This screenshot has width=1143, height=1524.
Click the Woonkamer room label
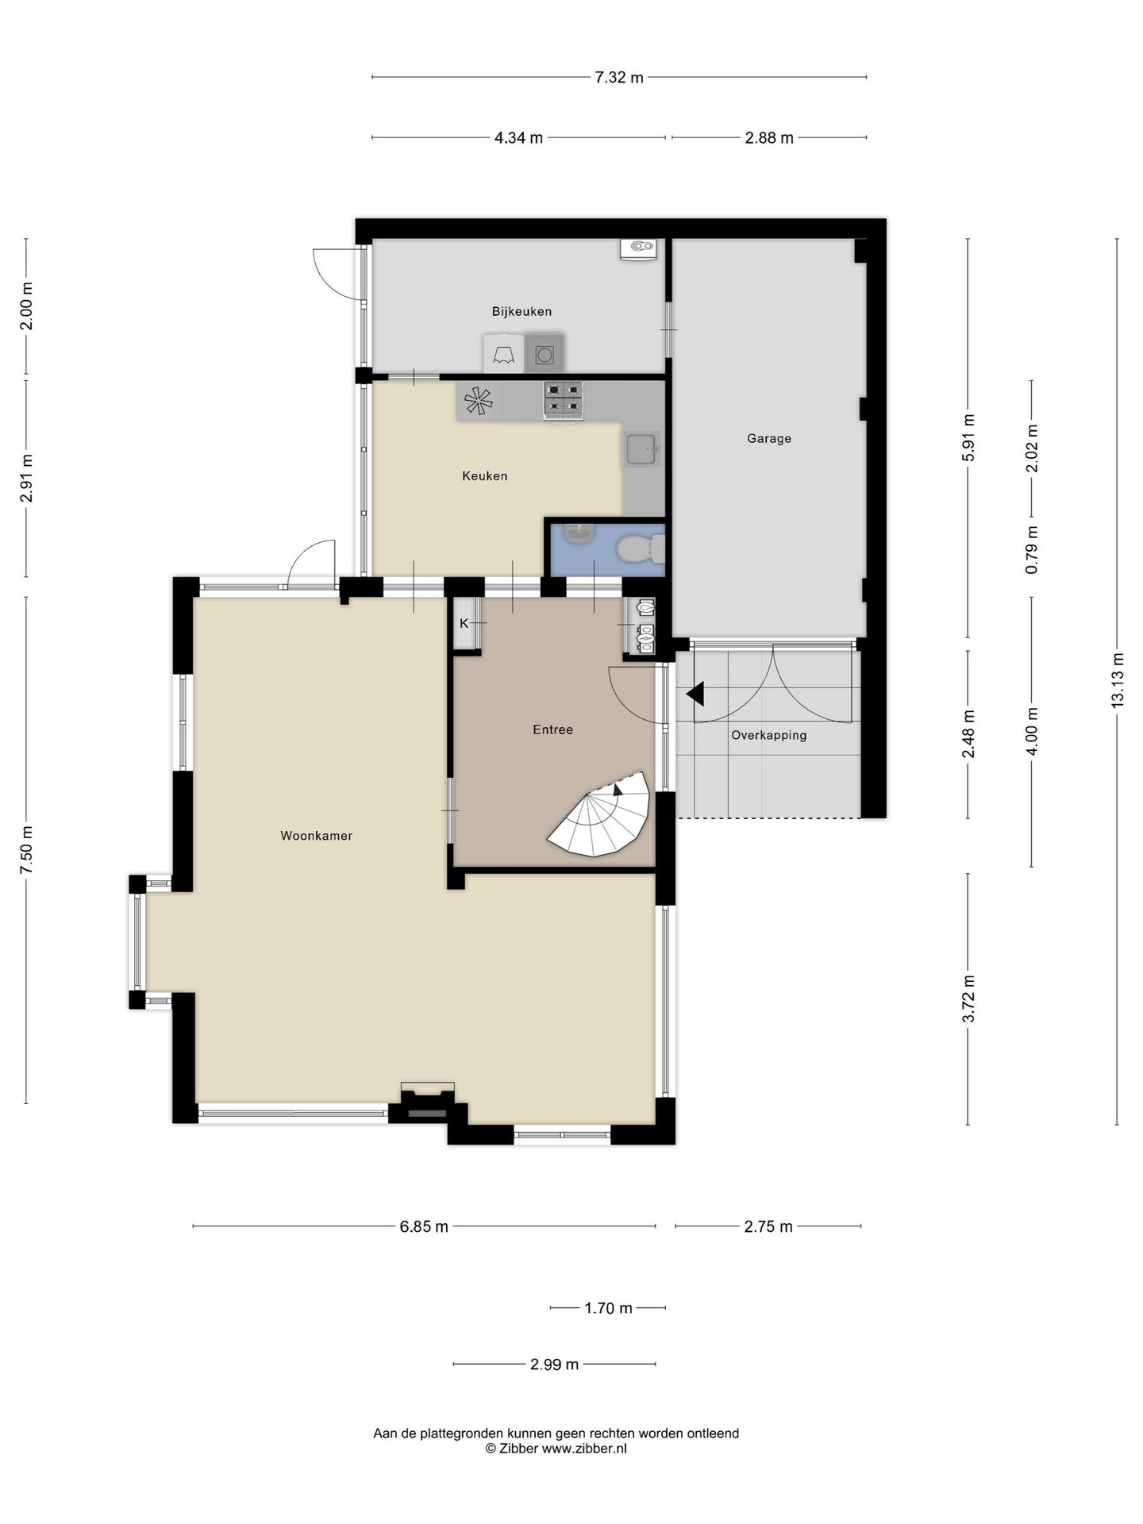(x=316, y=836)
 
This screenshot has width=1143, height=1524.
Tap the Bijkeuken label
(x=521, y=312)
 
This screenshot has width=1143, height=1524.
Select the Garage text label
(x=768, y=438)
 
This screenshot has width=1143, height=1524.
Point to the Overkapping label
(x=768, y=735)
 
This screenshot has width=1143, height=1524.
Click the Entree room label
(x=552, y=729)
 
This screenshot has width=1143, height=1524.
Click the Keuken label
(x=484, y=476)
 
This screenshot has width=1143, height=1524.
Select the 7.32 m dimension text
(x=618, y=78)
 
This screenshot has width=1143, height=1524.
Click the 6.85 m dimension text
(x=424, y=1226)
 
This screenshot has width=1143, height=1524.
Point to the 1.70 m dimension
(x=608, y=1308)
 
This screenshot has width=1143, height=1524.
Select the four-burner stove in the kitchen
(x=563, y=400)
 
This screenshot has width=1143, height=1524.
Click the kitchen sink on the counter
(x=641, y=449)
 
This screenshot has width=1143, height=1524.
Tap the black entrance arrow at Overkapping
(x=696, y=694)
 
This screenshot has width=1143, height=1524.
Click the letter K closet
(x=464, y=624)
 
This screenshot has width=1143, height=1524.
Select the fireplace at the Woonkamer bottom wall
(x=427, y=1105)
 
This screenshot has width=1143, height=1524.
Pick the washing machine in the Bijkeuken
(x=544, y=354)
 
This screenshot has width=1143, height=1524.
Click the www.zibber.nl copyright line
(x=556, y=1449)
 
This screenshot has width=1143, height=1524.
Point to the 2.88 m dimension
(x=768, y=138)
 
